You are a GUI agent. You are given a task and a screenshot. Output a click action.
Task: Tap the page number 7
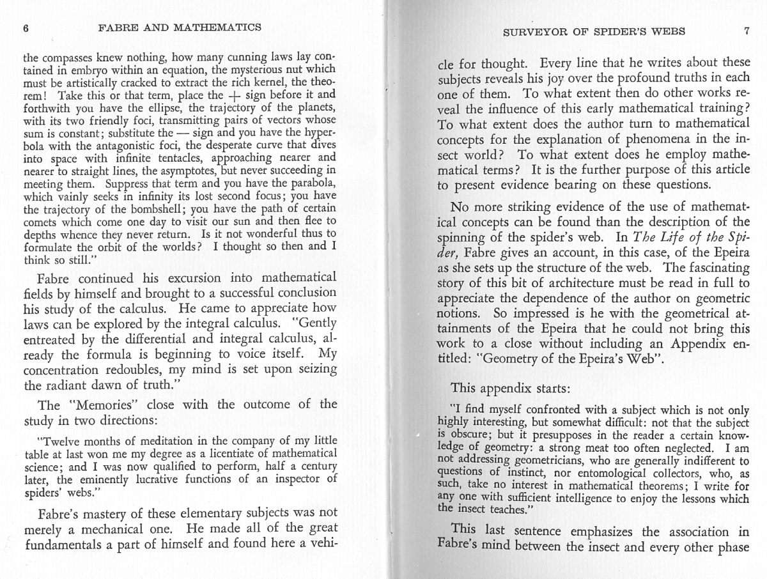[746, 31]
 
